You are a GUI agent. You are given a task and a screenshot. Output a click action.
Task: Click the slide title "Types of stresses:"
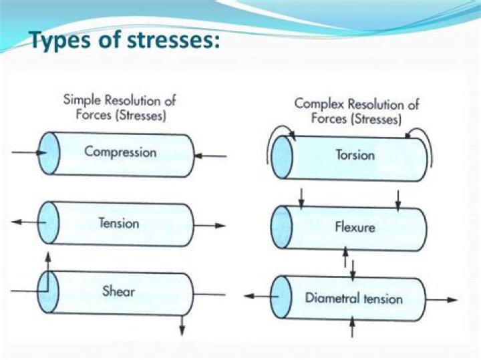pyautogui.click(x=125, y=41)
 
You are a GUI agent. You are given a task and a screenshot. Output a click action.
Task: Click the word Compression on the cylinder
pyautogui.click(x=120, y=152)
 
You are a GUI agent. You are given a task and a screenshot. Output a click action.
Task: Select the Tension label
pyautogui.click(x=118, y=222)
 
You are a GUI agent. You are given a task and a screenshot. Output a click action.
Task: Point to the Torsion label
pyautogui.click(x=355, y=156)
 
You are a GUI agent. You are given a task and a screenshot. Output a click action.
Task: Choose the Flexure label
pyautogui.click(x=355, y=227)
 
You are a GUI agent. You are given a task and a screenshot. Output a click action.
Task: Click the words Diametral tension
pyautogui.click(x=354, y=298)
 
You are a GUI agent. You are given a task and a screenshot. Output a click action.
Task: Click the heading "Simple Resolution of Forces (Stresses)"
pyautogui.click(x=120, y=108)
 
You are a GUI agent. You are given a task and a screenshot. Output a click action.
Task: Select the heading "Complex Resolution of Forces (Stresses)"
pyautogui.click(x=357, y=112)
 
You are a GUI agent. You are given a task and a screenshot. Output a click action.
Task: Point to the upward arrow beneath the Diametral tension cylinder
pyautogui.click(x=352, y=327)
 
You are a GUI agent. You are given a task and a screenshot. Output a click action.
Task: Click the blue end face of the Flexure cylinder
pyautogui.click(x=282, y=226)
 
